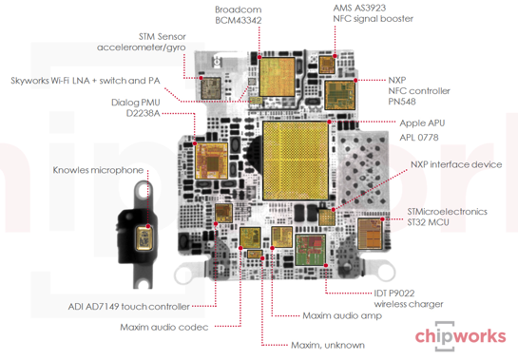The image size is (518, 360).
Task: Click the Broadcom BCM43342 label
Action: [x=239, y=15]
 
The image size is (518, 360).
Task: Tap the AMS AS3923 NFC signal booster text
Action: [x=373, y=13]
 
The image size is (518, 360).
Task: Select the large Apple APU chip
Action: [x=296, y=161]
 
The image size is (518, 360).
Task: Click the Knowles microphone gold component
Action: [x=144, y=237]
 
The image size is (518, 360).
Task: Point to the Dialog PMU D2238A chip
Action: [x=211, y=161]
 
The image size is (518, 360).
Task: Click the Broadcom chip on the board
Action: [x=277, y=77]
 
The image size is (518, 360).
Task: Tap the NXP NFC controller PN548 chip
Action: [x=340, y=95]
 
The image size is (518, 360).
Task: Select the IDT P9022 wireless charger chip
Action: [x=310, y=250]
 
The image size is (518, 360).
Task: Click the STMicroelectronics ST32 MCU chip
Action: [x=370, y=234]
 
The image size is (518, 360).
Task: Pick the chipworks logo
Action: [x=460, y=336]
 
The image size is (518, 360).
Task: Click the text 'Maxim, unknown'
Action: [x=328, y=345]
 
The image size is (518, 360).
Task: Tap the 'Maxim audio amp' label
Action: [x=342, y=315]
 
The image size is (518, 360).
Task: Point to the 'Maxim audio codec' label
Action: [x=164, y=328]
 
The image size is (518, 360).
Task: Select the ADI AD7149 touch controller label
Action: [x=129, y=307]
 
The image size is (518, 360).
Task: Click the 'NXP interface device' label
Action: [x=456, y=164]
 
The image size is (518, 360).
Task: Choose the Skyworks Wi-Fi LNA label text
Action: [x=86, y=81]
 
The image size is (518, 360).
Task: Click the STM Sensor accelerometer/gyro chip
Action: [x=211, y=87]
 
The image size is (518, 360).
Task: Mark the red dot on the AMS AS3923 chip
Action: [x=335, y=56]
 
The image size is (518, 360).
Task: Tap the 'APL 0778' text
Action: [x=419, y=138]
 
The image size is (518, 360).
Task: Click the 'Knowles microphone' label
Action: [x=98, y=170]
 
